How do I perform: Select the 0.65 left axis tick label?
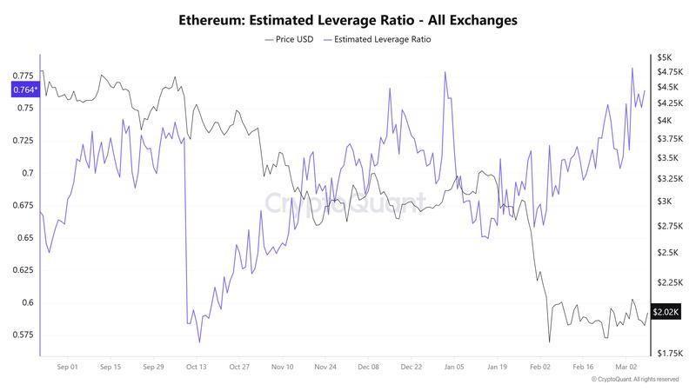[x=25, y=238]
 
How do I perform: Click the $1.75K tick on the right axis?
[x=668, y=353]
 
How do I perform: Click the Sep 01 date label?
[x=67, y=367]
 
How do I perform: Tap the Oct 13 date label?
[x=196, y=367]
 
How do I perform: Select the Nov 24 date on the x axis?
[x=325, y=367]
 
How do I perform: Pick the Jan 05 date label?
[x=455, y=367]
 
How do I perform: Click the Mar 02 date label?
[x=626, y=367]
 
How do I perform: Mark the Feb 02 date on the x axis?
[x=540, y=367]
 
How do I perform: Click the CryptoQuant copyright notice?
[x=635, y=380]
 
